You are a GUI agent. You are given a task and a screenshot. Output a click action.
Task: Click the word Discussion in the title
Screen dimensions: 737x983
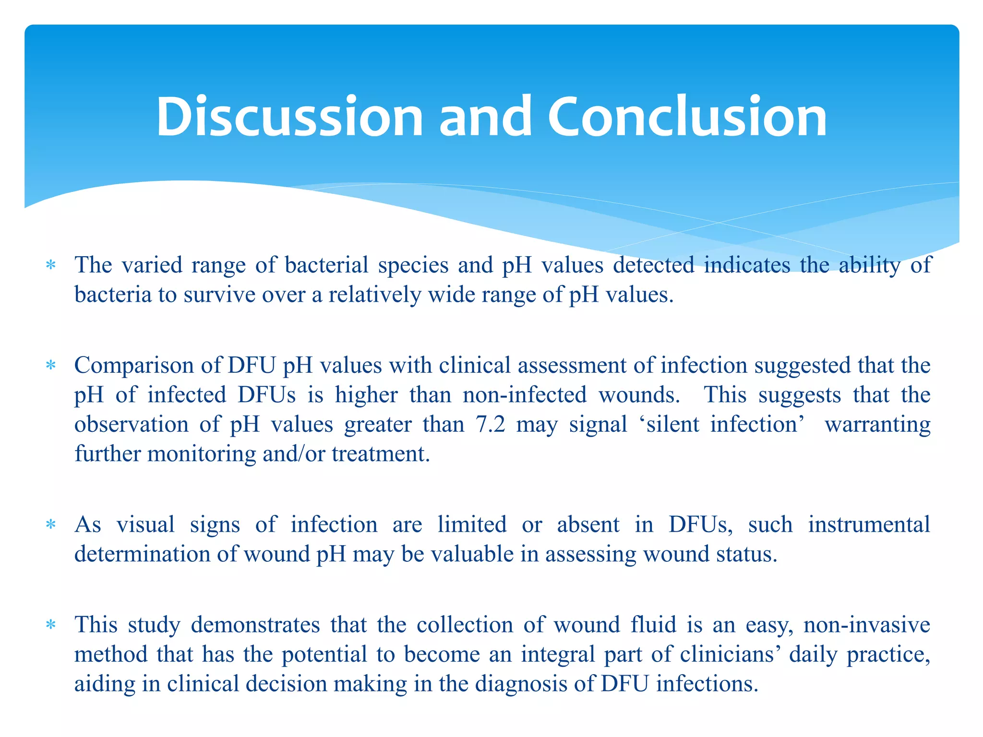point(289,117)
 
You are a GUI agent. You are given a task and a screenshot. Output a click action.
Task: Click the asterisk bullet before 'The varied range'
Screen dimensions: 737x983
point(50,265)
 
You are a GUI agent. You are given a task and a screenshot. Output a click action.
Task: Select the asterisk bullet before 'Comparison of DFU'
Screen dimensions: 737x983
point(50,366)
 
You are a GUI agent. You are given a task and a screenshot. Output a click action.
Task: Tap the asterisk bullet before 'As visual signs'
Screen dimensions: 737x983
point(50,525)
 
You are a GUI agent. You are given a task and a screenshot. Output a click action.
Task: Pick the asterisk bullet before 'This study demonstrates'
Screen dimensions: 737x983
point(50,625)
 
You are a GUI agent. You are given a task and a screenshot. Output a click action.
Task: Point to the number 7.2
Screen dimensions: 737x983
point(491,425)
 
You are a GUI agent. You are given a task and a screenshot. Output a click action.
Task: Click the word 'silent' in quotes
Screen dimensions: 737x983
point(672,425)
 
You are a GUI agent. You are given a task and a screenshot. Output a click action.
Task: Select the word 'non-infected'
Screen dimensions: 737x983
point(524,395)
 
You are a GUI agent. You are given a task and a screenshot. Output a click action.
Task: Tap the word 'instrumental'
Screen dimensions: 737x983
point(869,524)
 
